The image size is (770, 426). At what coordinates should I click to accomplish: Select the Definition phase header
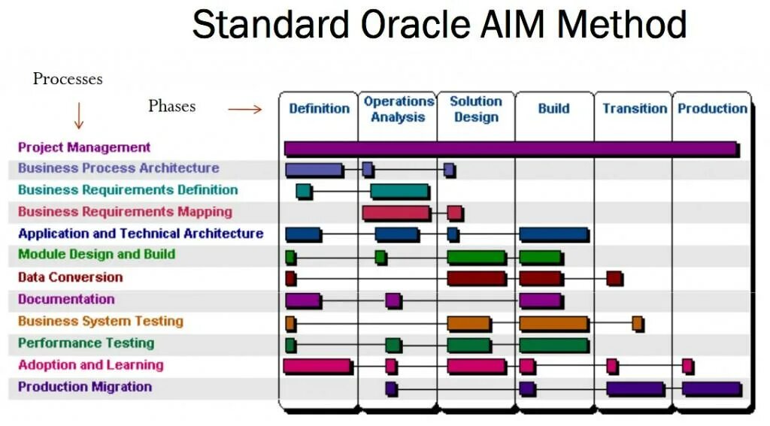319,109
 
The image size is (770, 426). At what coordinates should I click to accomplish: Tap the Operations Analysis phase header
399,109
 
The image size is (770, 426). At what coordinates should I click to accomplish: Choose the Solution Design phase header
476,109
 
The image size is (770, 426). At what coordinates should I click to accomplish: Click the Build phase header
553,109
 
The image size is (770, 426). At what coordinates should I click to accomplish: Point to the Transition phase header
635,109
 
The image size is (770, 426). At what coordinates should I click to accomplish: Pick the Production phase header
712,109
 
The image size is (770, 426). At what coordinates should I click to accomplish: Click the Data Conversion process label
70,277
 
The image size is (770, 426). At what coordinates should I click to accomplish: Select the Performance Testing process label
86,343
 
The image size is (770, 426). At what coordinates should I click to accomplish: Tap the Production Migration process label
84,387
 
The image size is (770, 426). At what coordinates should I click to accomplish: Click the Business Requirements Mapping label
125,212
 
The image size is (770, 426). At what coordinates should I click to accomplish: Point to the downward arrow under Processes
78,116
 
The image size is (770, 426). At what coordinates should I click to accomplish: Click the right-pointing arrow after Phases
244,110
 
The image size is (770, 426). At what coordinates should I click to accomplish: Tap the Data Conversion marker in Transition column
614,278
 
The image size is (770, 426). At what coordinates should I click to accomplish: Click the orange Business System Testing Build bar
553,323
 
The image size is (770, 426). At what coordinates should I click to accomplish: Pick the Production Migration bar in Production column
711,388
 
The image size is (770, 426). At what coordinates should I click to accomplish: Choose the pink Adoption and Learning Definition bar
317,366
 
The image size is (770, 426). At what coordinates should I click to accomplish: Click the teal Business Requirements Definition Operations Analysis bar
399,191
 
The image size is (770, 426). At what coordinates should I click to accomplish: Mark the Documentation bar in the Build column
540,301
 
